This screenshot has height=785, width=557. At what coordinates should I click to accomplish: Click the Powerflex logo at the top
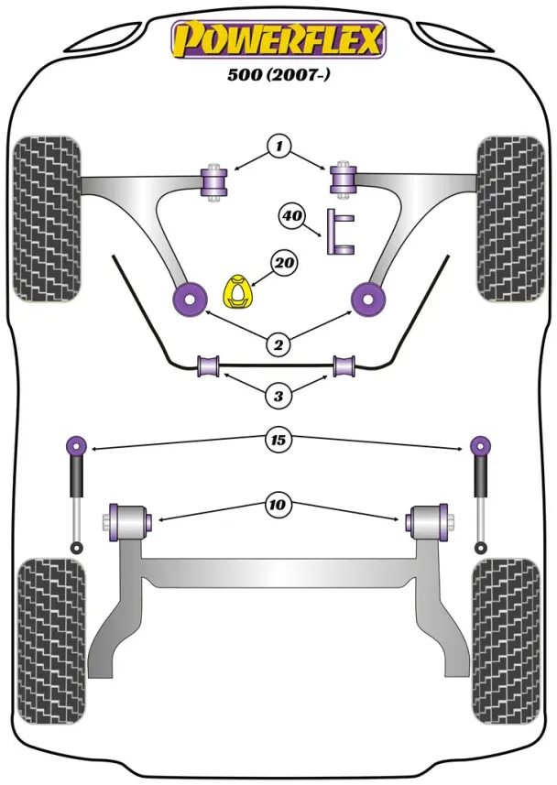(x=278, y=39)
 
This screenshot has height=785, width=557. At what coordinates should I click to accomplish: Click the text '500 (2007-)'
(x=279, y=76)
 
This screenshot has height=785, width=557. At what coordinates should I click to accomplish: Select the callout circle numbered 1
(x=279, y=146)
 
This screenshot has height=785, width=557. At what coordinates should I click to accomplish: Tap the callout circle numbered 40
(x=292, y=217)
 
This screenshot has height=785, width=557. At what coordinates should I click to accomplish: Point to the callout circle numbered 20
(x=284, y=264)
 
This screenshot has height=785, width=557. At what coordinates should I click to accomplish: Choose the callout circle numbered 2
(x=278, y=344)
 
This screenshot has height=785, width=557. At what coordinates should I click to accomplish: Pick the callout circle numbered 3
(x=278, y=396)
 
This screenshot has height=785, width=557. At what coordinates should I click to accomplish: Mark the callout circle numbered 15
(x=278, y=441)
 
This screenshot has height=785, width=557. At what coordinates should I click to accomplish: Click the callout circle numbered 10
(x=278, y=503)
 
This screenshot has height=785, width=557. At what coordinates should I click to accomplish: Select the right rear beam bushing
(x=430, y=521)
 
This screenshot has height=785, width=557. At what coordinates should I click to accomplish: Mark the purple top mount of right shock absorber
(x=479, y=446)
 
